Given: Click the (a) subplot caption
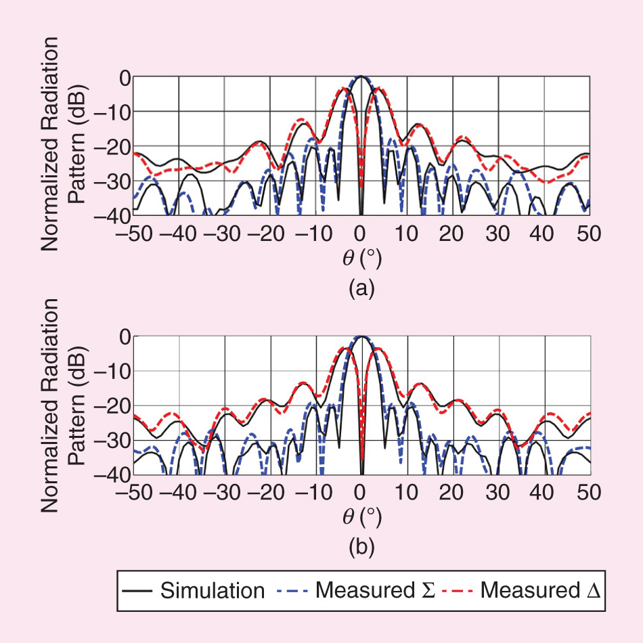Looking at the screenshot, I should pyautogui.click(x=360, y=290).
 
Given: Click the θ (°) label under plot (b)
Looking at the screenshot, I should pyautogui.click(x=360, y=517).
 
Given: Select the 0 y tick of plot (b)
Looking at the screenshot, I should pyautogui.click(x=123, y=336).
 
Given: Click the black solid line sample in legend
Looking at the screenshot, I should pyautogui.click(x=139, y=590).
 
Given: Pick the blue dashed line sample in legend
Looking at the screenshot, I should pyautogui.click(x=292, y=590).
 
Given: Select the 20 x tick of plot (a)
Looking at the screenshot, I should pyautogui.click(x=451, y=231).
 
